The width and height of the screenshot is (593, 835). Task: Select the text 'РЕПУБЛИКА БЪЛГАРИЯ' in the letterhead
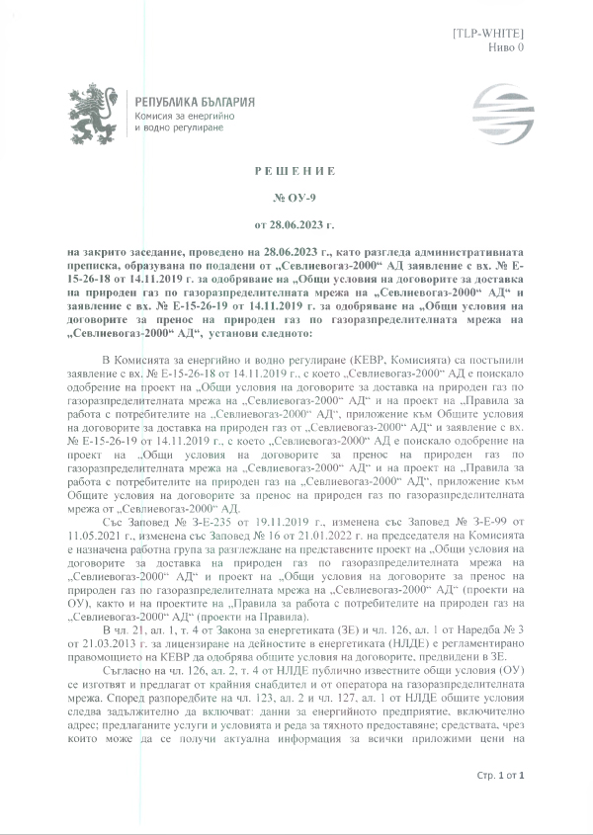coord(194,103)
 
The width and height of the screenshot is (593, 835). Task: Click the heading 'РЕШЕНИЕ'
coord(296,171)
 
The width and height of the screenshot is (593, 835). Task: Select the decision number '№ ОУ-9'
coord(296,196)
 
